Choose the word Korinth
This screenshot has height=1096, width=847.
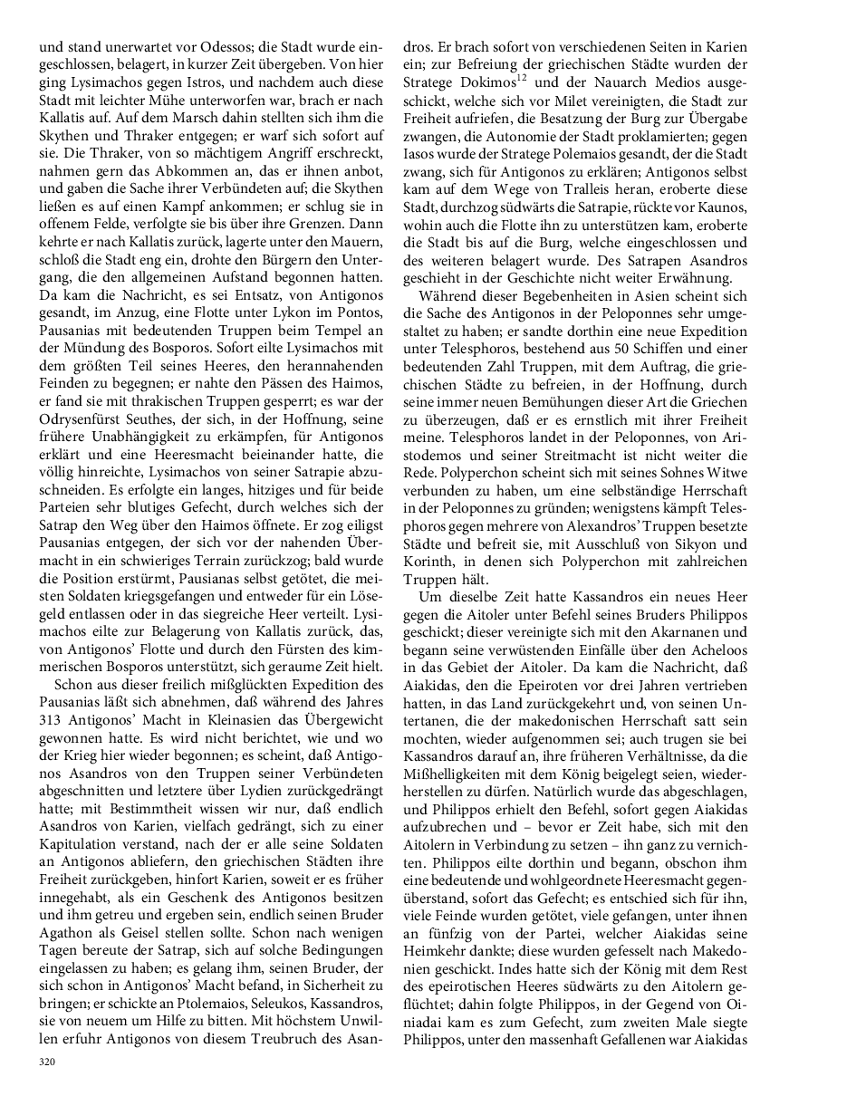point(433,562)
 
